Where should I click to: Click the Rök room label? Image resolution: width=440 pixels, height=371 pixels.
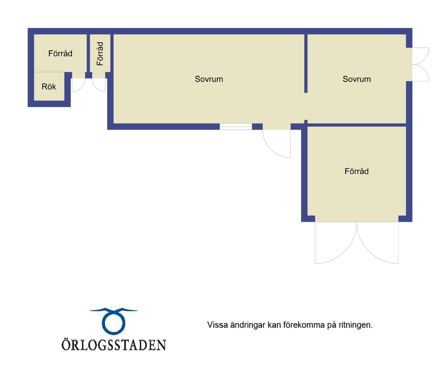49,87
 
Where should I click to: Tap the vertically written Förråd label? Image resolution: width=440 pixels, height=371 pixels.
100,54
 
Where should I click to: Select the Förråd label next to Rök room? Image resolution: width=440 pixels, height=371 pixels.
60,53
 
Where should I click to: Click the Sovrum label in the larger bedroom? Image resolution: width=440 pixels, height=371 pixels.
209,79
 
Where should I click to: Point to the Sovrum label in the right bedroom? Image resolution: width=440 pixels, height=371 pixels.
357,79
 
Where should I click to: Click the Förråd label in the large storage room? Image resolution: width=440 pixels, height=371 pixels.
356,171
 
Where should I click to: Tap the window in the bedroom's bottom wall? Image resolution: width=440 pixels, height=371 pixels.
236,126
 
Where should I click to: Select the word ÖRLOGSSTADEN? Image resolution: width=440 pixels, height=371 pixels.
114,345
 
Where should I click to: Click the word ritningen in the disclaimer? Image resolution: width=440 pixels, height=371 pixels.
356,325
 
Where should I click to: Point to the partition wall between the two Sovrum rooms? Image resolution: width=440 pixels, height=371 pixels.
306,63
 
